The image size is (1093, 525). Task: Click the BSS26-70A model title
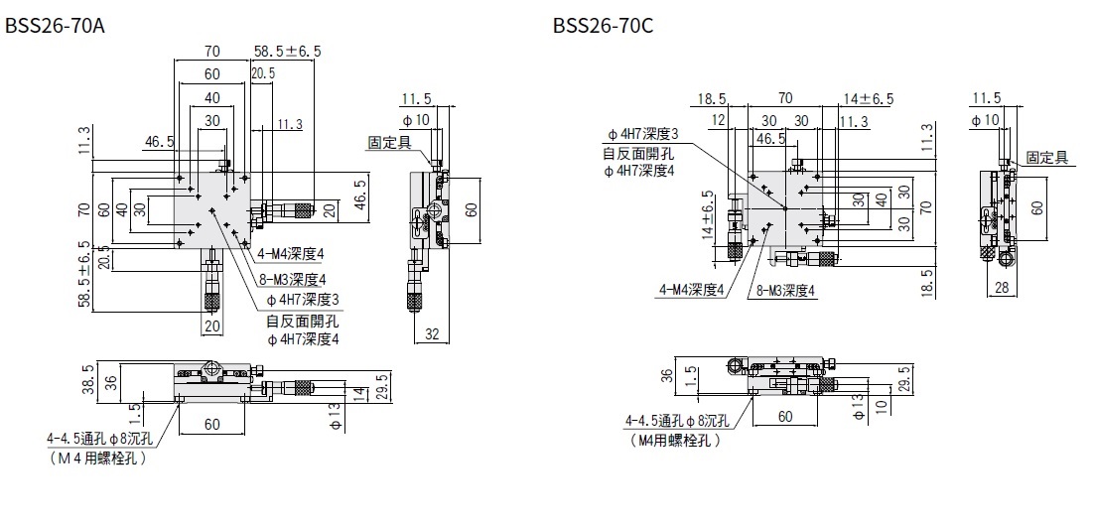click(x=55, y=26)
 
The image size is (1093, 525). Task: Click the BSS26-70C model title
click(x=603, y=26)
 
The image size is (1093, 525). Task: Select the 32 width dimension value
click(x=433, y=334)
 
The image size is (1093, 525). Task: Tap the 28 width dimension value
click(x=1003, y=287)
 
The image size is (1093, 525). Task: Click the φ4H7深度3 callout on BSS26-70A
click(x=304, y=299)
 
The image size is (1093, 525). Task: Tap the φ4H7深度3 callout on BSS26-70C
click(x=642, y=135)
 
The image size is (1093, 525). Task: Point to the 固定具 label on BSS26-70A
click(x=388, y=142)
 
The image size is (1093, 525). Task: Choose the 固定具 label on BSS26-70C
click(x=1046, y=157)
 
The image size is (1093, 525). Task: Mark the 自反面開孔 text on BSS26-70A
click(x=302, y=320)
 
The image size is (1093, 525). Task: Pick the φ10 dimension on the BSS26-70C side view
click(x=987, y=120)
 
